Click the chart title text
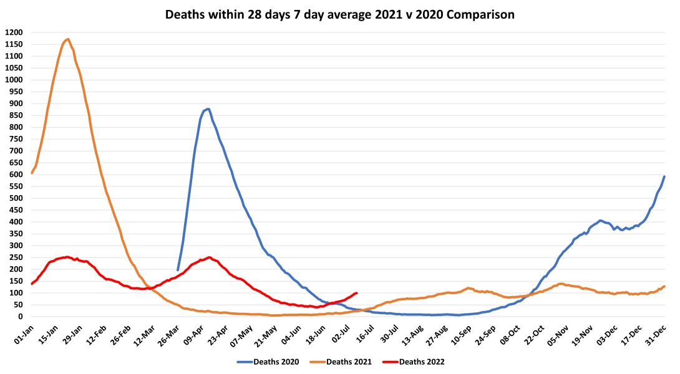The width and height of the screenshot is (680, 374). [x=340, y=14]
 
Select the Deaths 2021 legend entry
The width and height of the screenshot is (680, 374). [x=344, y=361]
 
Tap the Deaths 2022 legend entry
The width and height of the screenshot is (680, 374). [x=418, y=361]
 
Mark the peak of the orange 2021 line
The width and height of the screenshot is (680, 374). [x=67, y=39]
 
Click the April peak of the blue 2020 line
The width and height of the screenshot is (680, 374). [x=208, y=109]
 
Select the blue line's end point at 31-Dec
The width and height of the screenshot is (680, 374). [x=664, y=176]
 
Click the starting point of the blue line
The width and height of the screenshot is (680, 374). [x=178, y=270]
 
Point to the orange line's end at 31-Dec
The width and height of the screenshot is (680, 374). [x=664, y=286]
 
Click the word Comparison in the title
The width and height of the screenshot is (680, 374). [x=480, y=14]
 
